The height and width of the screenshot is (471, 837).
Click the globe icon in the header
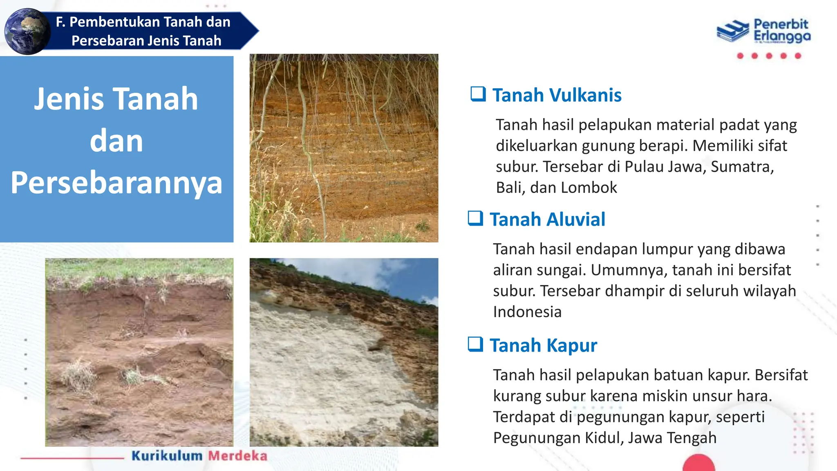pyautogui.click(x=27, y=31)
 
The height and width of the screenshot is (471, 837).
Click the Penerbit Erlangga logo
pyautogui.click(x=763, y=31)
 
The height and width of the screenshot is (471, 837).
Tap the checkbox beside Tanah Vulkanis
pyautogui.click(x=478, y=94)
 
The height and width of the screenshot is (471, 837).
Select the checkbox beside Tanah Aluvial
pyautogui.click(x=475, y=218)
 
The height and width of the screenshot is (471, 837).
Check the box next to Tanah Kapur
pyautogui.click(x=475, y=344)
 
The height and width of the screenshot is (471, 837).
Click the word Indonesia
pyautogui.click(x=527, y=312)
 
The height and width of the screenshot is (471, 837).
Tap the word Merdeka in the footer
pyautogui.click(x=237, y=455)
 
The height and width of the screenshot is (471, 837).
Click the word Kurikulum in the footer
pyautogui.click(x=167, y=455)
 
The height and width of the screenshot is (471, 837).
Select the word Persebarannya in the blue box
pyautogui.click(x=116, y=183)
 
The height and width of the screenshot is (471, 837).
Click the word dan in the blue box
pyautogui.click(x=116, y=141)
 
